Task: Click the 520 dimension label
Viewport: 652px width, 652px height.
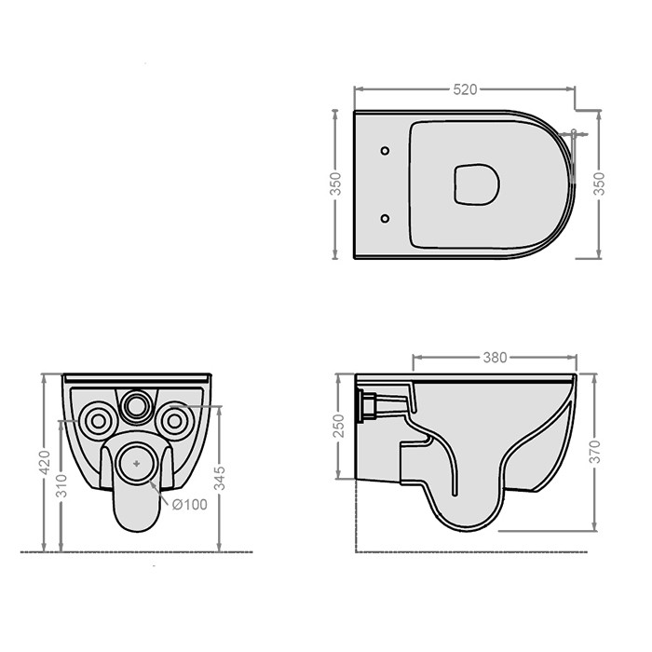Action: (465, 89)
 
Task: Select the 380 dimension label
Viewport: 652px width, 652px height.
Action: (495, 358)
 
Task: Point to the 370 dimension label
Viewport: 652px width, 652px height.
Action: (595, 451)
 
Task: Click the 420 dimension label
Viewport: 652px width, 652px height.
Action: (44, 462)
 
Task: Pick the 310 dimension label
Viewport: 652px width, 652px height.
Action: (61, 485)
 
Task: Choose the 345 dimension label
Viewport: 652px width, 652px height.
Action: (220, 478)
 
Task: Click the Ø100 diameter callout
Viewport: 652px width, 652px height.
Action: (190, 505)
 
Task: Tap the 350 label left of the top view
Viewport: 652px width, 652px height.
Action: (335, 183)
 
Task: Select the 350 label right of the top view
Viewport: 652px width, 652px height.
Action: (599, 183)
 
